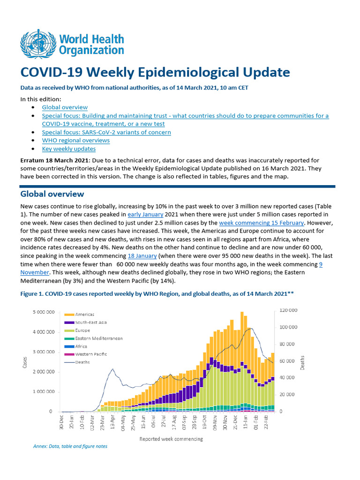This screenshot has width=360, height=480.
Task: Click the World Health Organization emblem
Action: [x=36, y=44]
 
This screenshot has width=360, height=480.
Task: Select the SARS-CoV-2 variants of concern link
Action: [x=106, y=132]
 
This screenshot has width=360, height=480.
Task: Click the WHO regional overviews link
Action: [x=76, y=140]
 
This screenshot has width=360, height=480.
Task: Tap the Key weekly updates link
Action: [x=69, y=149]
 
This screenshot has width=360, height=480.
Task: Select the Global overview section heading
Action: [x=52, y=194]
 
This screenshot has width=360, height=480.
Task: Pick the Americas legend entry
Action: [x=84, y=314]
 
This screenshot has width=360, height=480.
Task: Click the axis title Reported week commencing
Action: [x=171, y=439]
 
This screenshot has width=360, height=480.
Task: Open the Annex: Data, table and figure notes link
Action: [x=70, y=446]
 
